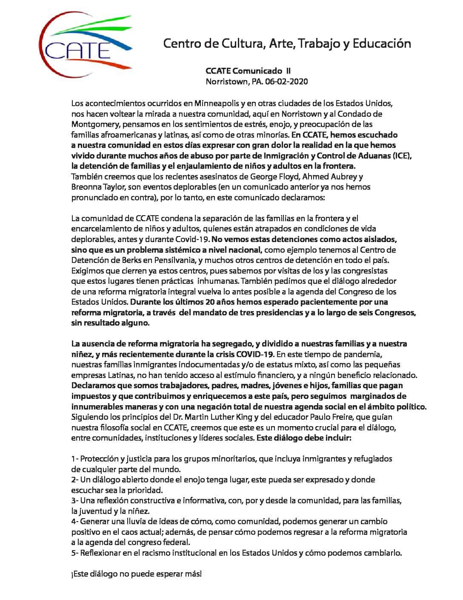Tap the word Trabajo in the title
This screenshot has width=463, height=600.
click(315, 43)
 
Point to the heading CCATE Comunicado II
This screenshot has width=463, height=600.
click(248, 71)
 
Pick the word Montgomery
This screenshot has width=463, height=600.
click(94, 124)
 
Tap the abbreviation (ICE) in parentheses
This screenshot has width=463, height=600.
click(402, 156)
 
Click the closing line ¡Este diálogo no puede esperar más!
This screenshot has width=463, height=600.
click(136, 574)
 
